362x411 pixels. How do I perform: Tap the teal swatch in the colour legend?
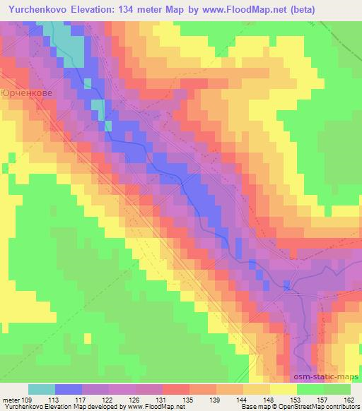point(42,389)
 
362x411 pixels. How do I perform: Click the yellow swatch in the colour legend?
point(284,389)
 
